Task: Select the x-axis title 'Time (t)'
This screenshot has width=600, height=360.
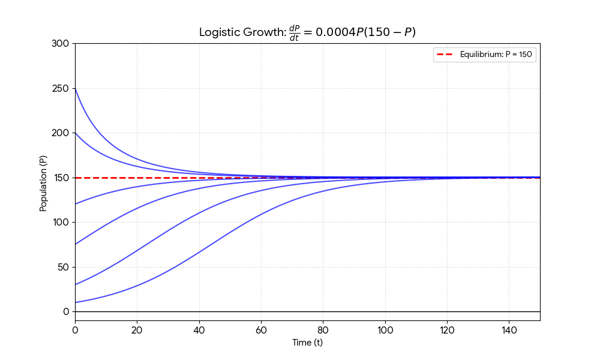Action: tap(307, 343)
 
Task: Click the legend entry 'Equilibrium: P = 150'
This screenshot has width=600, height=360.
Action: tap(496, 55)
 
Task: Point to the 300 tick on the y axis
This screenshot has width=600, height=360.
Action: tap(62, 44)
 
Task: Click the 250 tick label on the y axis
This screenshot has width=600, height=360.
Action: tap(62, 88)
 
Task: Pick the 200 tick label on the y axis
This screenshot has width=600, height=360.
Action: tap(62, 133)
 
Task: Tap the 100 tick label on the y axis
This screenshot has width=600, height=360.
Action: tap(62, 222)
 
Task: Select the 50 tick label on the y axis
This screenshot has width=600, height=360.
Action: tap(64, 267)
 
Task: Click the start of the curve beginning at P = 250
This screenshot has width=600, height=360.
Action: tap(76, 88)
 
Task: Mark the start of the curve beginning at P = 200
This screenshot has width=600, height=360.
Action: tap(76, 133)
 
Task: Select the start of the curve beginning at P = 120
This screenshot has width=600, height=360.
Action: tap(76, 204)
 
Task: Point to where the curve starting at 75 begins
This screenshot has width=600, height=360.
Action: tap(76, 244)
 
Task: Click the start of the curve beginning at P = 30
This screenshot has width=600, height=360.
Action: tap(76, 284)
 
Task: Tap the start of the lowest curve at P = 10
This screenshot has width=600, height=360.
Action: tap(76, 302)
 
